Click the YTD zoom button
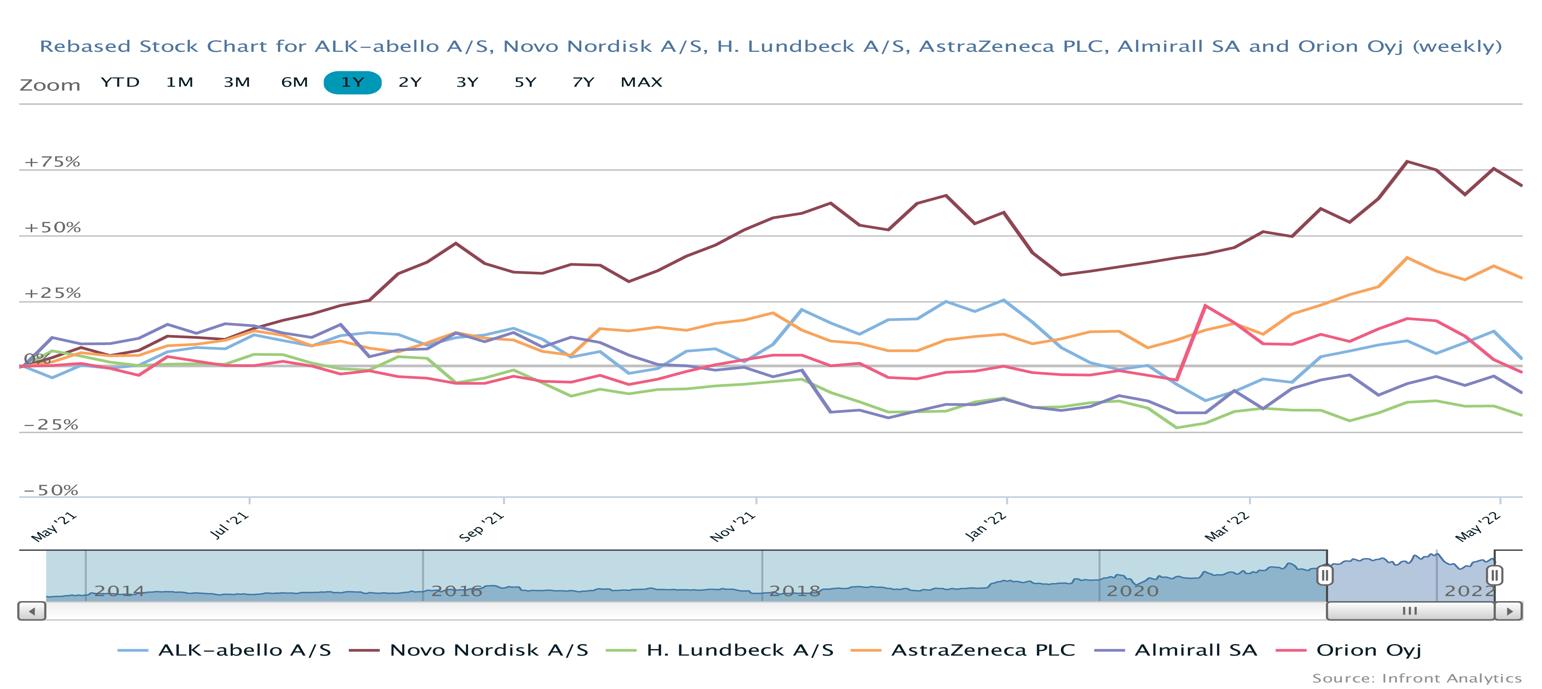tap(120, 82)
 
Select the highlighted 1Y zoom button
tap(352, 83)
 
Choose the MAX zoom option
tap(641, 82)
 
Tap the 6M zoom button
tap(295, 82)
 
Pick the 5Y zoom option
tap(525, 82)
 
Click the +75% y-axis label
tap(52, 162)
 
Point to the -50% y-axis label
tap(51, 490)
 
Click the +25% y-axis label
tap(52, 293)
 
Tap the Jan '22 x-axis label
tap(986, 527)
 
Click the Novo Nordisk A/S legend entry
tap(488, 650)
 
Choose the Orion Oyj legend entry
tap(1368, 650)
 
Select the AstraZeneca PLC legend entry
tap(982, 650)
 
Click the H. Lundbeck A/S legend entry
tap(739, 650)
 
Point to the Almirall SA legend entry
tap(1195, 650)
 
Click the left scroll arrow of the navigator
tap(32, 611)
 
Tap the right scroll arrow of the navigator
tap(1509, 611)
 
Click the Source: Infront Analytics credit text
tap(1416, 678)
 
